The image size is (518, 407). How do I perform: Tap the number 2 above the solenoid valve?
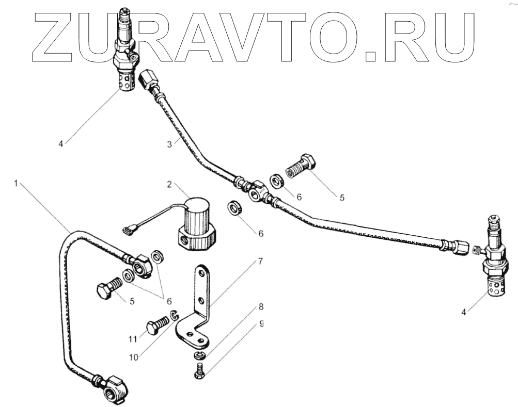click(169, 184)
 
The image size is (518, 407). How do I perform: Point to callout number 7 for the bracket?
click(260, 262)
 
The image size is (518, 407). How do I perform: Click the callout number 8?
click(261, 307)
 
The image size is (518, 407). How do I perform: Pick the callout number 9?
click(261, 323)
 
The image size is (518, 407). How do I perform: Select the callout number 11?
click(133, 339)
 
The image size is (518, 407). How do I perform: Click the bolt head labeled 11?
click(152, 327)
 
